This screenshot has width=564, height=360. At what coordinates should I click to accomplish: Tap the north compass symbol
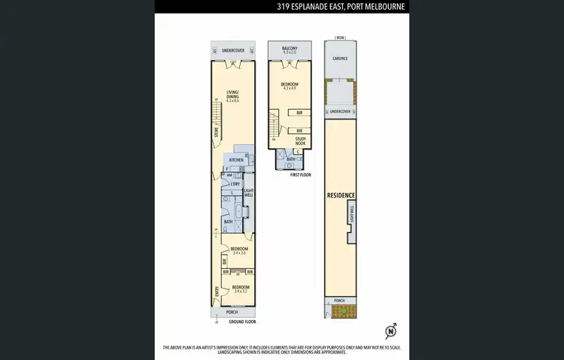coord(391,331)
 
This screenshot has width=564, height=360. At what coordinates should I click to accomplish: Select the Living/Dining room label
coord(232,97)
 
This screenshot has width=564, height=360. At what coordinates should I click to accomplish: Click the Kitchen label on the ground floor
coord(235,160)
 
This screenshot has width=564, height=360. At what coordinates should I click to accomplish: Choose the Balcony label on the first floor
coord(290,49)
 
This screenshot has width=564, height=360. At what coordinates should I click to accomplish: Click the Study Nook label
coord(299,141)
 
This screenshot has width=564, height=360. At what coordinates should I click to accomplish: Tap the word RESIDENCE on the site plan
coord(340,195)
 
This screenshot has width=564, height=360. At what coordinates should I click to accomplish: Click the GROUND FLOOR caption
coord(242,322)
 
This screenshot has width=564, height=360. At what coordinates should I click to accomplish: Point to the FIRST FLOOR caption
coord(300,174)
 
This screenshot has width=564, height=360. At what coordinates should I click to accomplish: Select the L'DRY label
coord(235,183)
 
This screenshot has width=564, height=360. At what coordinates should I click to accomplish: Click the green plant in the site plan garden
coord(342,310)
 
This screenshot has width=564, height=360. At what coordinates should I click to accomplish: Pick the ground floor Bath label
coord(228,222)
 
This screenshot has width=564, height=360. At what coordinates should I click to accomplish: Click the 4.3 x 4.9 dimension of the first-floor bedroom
coord(290,89)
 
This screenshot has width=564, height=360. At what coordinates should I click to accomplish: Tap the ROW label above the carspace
coord(340,37)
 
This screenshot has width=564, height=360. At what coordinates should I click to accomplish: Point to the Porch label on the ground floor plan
coord(232,312)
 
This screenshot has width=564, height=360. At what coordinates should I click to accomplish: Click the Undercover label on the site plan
coord(341,111)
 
